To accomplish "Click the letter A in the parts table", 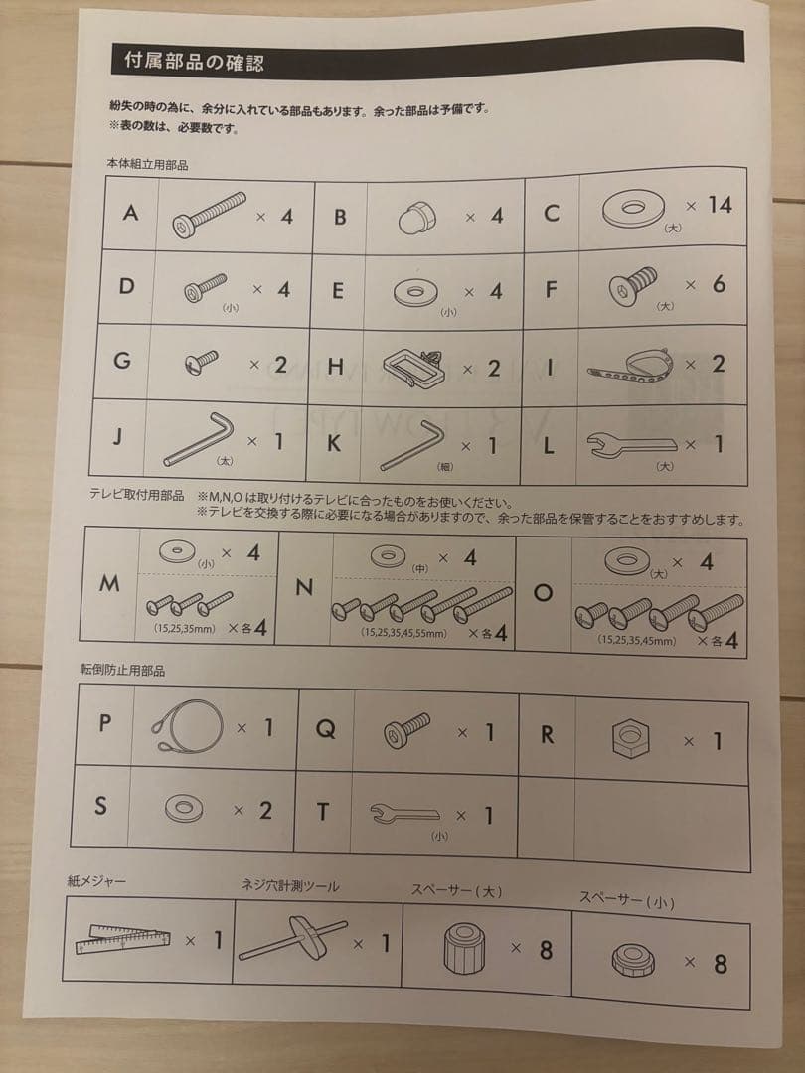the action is point(130,213).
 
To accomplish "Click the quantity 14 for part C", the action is point(720,205).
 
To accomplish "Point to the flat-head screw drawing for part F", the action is point(633,285).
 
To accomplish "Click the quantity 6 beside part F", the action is point(719,283).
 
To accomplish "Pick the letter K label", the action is point(333,443).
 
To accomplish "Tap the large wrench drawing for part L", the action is point(631,445).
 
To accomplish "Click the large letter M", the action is point(109,584).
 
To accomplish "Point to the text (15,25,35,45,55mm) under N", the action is point(403,633).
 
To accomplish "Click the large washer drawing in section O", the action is point(624,561).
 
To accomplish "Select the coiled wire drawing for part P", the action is point(187,726).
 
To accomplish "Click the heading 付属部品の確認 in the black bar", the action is point(194,62).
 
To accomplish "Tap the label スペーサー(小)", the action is point(627,900).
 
